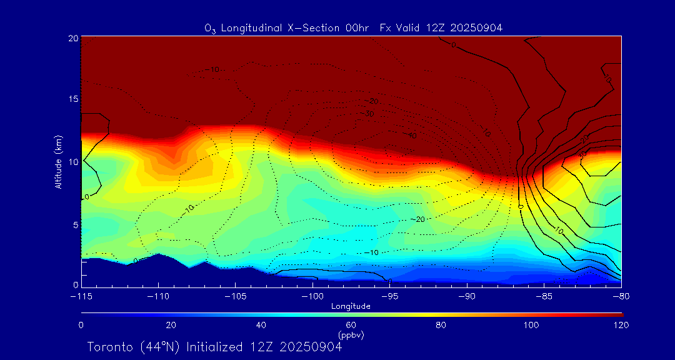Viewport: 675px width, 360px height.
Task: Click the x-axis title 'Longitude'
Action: (351, 306)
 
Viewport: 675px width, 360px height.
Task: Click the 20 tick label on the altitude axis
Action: (72, 38)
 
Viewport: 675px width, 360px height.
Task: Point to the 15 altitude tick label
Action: (72, 99)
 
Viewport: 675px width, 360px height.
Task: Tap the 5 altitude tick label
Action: (74, 224)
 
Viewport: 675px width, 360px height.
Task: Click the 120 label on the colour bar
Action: (621, 325)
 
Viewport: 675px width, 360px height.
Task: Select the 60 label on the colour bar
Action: (351, 325)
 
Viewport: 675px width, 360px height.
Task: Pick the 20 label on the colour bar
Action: (171, 325)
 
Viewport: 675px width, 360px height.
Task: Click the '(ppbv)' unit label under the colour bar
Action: (351, 335)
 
